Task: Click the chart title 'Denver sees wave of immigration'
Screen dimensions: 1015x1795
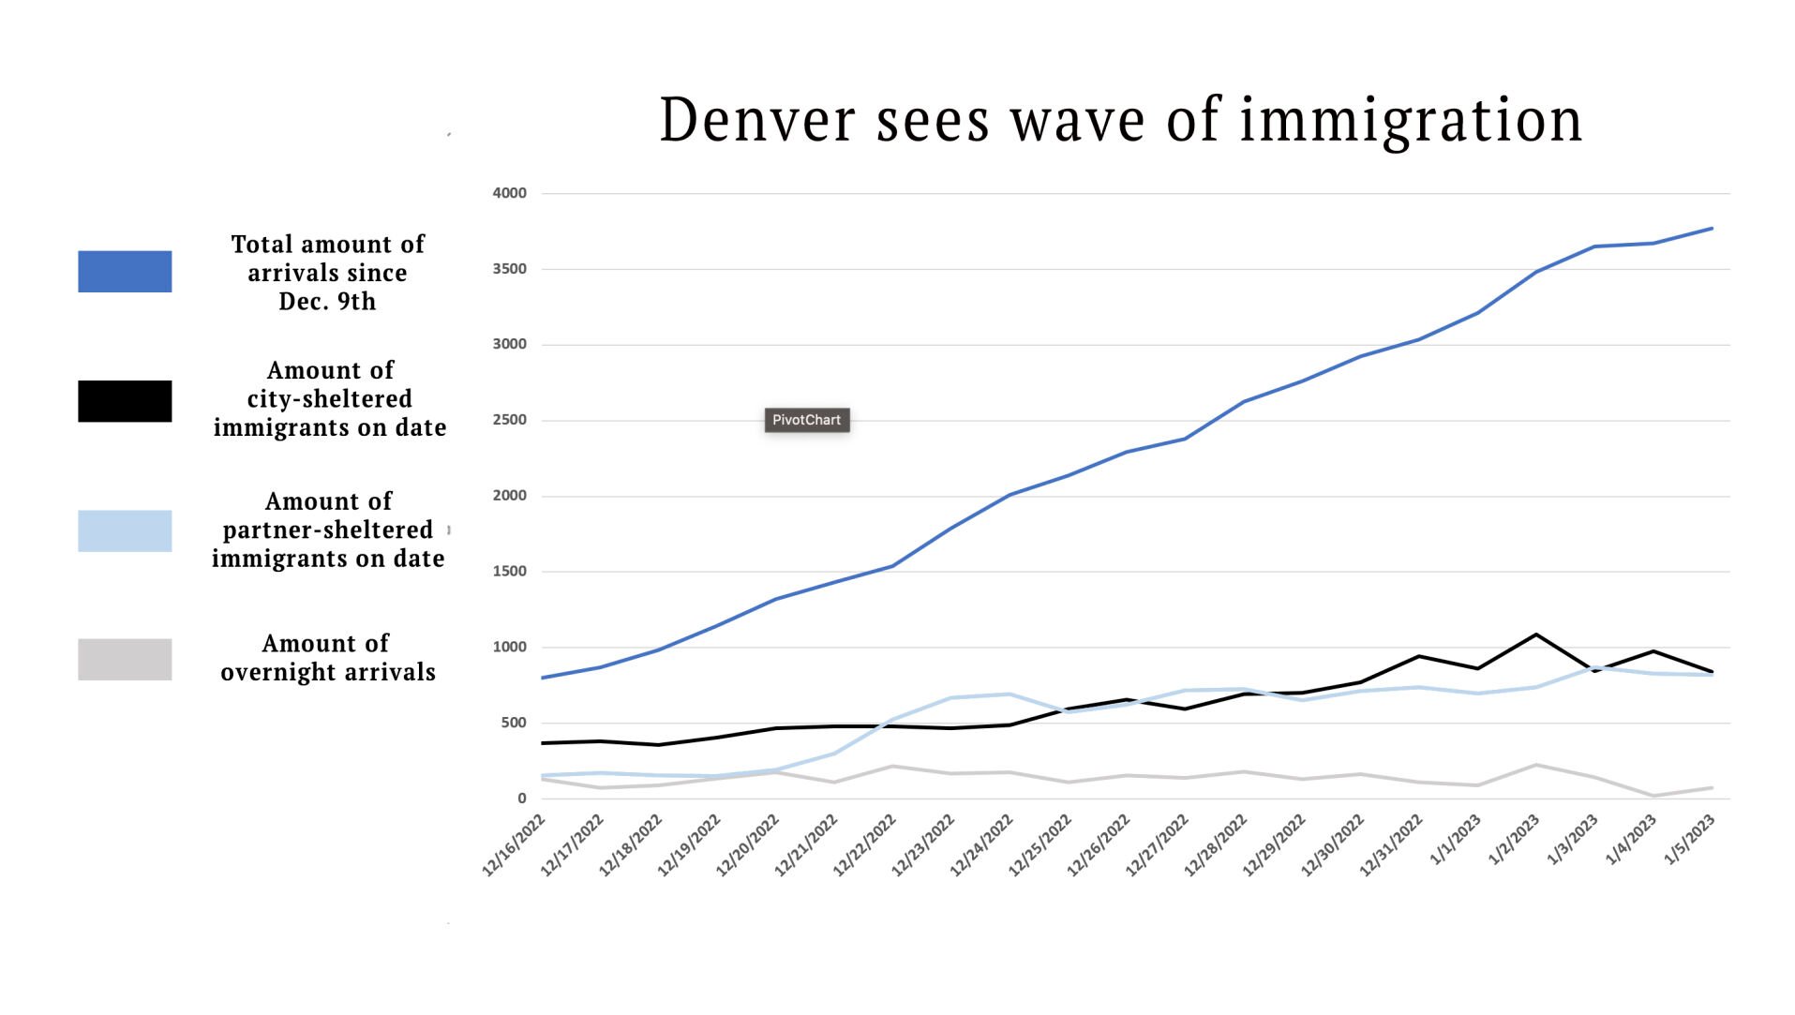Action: click(1120, 120)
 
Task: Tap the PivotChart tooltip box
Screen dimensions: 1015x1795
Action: click(806, 420)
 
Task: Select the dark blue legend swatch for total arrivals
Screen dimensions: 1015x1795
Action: click(125, 272)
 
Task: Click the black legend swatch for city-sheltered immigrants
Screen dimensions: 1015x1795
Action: click(125, 401)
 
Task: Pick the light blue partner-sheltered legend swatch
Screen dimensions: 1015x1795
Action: click(125, 530)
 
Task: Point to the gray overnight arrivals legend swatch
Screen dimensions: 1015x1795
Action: click(125, 660)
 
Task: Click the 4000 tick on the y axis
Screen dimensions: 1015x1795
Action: click(510, 193)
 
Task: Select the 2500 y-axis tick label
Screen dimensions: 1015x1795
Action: click(510, 420)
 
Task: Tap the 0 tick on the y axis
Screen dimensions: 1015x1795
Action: click(522, 799)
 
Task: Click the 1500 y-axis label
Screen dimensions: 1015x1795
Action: click(510, 572)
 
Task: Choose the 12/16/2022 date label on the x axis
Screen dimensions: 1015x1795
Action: click(514, 845)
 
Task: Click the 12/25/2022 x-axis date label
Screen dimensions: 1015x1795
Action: click(1040, 845)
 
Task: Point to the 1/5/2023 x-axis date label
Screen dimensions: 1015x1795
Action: click(1689, 840)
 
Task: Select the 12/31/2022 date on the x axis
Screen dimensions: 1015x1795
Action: click(1391, 845)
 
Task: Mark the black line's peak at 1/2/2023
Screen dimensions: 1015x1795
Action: click(1535, 634)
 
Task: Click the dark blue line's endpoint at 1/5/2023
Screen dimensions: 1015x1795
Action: click(1712, 228)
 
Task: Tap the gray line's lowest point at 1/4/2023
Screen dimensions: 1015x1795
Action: click(1653, 796)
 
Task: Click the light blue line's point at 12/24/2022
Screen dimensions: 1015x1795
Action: click(1010, 694)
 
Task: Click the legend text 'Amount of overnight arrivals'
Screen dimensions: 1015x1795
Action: click(327, 658)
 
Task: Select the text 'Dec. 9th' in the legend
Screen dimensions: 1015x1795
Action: click(327, 302)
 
